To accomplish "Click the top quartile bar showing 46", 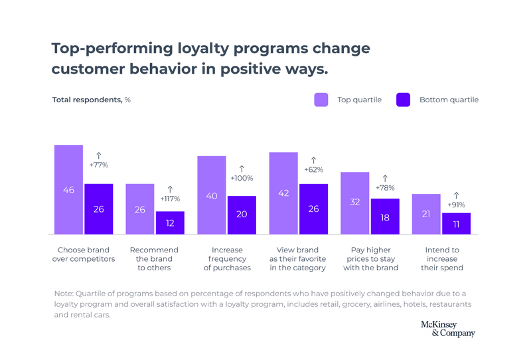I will point(68,189).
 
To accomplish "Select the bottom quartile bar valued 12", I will point(170,223).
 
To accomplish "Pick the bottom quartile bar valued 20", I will point(242,215).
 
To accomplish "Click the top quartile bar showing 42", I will point(283,193).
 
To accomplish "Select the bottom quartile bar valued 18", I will point(385,216).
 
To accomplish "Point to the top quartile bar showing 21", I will point(426,214).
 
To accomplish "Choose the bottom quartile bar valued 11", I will point(456,223).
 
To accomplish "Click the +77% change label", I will point(98,165).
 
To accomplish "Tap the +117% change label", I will point(170,199).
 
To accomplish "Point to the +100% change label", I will point(242,178).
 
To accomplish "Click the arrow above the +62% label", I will point(313,159).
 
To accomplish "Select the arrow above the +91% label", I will point(456,195).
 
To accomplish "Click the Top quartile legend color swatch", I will point(321,100).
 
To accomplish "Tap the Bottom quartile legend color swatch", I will point(404,100).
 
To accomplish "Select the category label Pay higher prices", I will point(370,259).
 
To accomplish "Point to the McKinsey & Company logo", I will point(448,329).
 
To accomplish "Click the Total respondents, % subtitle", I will point(92,100).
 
